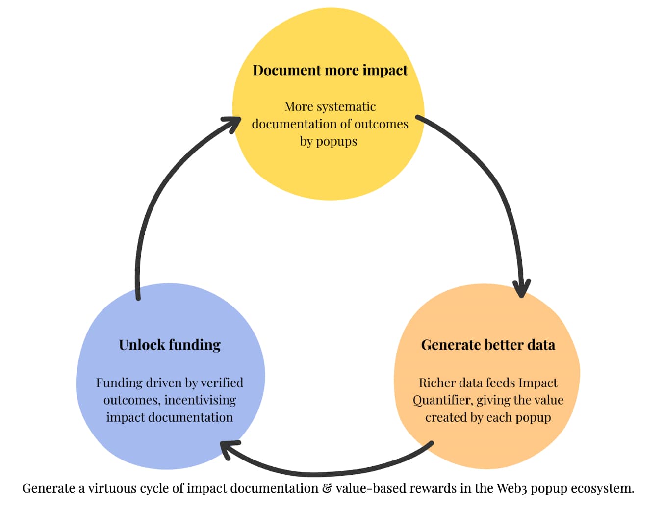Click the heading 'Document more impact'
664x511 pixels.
point(330,70)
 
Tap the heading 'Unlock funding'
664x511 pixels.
point(170,345)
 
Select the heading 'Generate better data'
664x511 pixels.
point(488,345)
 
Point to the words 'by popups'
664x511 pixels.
point(329,141)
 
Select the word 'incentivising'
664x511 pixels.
point(200,400)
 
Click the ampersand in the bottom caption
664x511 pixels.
point(327,488)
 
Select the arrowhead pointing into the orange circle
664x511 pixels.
point(522,288)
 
